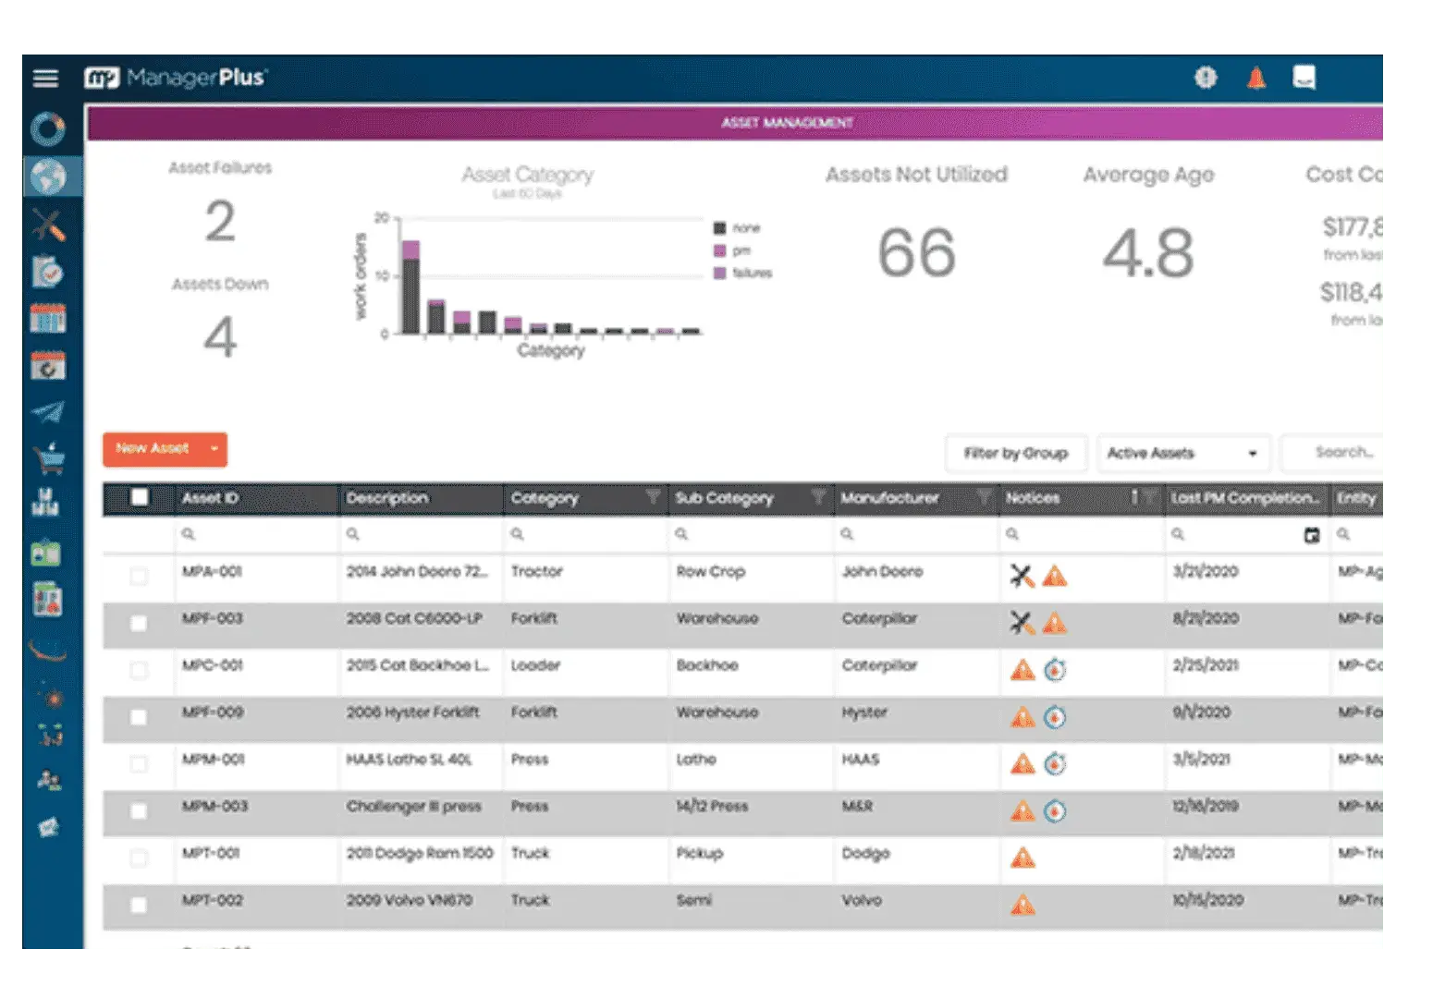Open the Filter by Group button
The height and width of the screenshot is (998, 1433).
pyautogui.click(x=1015, y=453)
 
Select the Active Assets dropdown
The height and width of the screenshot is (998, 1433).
pyautogui.click(x=1182, y=453)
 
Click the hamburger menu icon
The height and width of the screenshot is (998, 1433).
pyautogui.click(x=45, y=78)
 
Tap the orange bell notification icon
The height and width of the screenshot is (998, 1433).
pyautogui.click(x=1255, y=78)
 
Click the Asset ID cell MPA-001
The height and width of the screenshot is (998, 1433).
pyautogui.click(x=212, y=572)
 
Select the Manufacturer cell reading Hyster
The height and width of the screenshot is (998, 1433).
pyautogui.click(x=864, y=712)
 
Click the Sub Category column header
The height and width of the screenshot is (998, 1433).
pyautogui.click(x=724, y=498)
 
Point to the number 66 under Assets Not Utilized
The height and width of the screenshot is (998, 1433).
pyautogui.click(x=915, y=253)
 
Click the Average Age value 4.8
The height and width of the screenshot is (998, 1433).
pyautogui.click(x=1147, y=253)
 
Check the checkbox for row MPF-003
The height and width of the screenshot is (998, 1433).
pyautogui.click(x=139, y=623)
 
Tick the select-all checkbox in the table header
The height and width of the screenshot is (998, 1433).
pyautogui.click(x=139, y=498)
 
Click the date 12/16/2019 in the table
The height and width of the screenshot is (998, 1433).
pyautogui.click(x=1206, y=807)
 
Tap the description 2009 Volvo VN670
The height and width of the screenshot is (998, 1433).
pyautogui.click(x=409, y=900)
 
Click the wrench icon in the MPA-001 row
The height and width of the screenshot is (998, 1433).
pyautogui.click(x=1021, y=577)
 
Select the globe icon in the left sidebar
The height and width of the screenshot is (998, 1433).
pyautogui.click(x=48, y=176)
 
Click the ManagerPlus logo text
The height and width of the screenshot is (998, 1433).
pyautogui.click(x=195, y=78)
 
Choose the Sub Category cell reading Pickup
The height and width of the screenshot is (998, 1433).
pyautogui.click(x=699, y=853)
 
